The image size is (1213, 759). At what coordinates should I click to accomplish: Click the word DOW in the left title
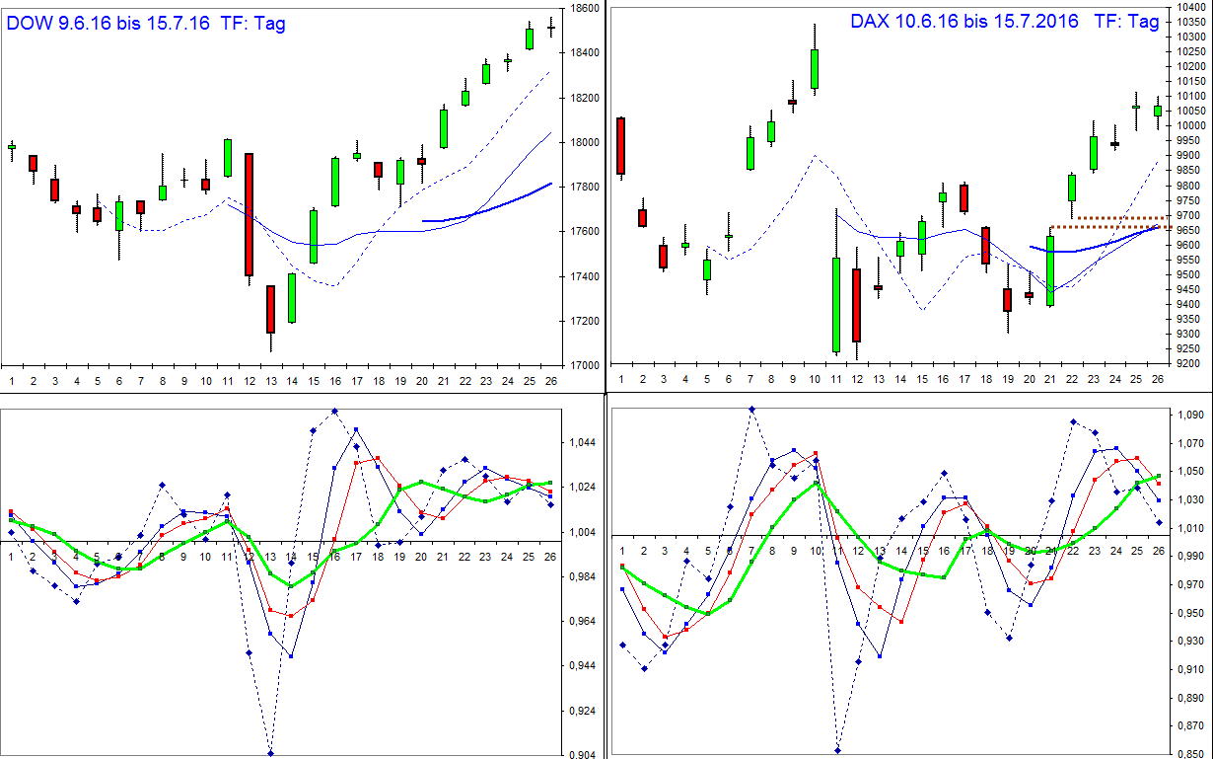coord(30,23)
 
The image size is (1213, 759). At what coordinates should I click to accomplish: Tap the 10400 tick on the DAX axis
coord(1187,8)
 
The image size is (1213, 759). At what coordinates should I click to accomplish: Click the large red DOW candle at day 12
coord(249,214)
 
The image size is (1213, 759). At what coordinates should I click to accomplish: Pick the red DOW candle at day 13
coord(270,308)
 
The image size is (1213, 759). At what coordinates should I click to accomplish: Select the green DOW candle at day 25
coord(530,38)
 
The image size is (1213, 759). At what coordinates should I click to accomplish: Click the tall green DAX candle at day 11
coord(836,305)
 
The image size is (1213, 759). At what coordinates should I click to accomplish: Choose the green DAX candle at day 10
coord(815,69)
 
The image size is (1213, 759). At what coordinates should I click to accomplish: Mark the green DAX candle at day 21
coord(1050,270)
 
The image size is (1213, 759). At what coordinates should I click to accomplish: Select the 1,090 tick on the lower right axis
coord(1186,416)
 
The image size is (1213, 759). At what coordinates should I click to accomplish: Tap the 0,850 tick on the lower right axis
coord(1186,754)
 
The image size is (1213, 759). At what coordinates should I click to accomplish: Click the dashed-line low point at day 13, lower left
coord(270,754)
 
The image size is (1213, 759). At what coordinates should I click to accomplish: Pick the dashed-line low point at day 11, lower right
coord(837,751)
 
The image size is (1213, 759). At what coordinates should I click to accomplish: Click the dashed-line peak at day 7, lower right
coord(751,409)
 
